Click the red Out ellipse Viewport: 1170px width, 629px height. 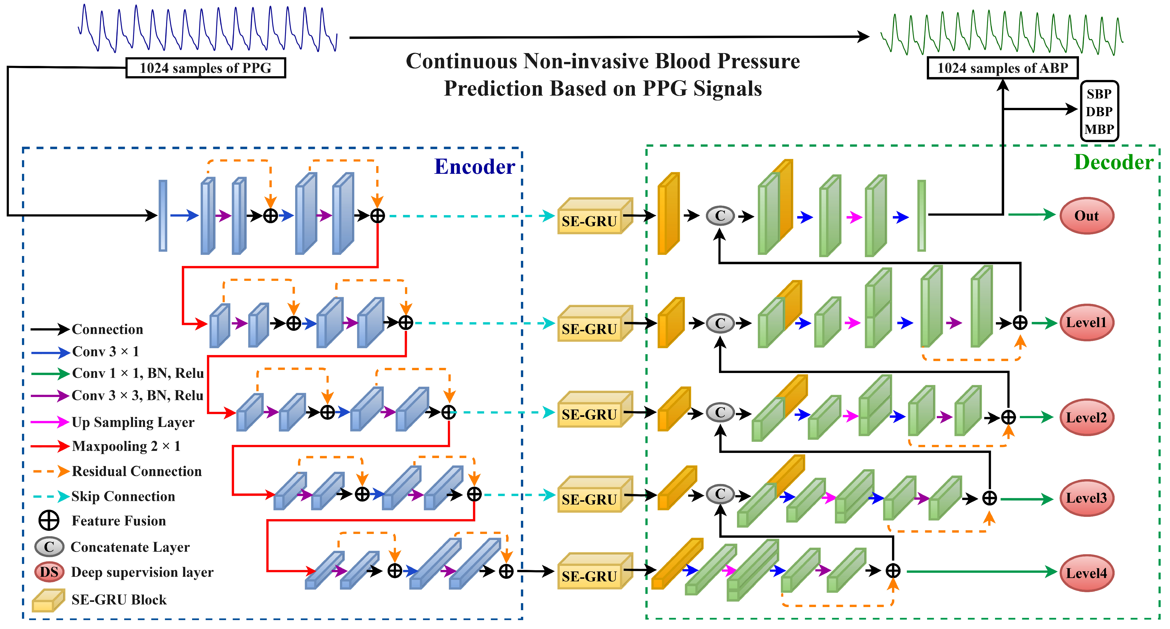(x=1086, y=216)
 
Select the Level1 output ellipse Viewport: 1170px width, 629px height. (x=1086, y=322)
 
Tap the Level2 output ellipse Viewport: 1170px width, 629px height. (x=1086, y=417)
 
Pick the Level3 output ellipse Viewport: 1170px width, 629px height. (x=1086, y=498)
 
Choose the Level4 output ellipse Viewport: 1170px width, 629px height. (x=1086, y=573)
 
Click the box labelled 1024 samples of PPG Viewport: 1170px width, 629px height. (x=205, y=68)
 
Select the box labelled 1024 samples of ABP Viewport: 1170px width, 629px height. (x=1002, y=68)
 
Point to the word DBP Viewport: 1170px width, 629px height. (x=1099, y=112)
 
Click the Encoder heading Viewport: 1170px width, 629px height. (x=475, y=167)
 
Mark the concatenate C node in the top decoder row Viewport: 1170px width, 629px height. (x=720, y=216)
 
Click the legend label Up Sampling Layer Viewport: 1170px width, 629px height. (x=133, y=422)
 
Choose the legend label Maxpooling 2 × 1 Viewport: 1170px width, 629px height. (x=126, y=446)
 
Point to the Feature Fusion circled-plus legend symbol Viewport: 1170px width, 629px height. (x=49, y=521)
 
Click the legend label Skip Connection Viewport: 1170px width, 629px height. (x=123, y=496)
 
